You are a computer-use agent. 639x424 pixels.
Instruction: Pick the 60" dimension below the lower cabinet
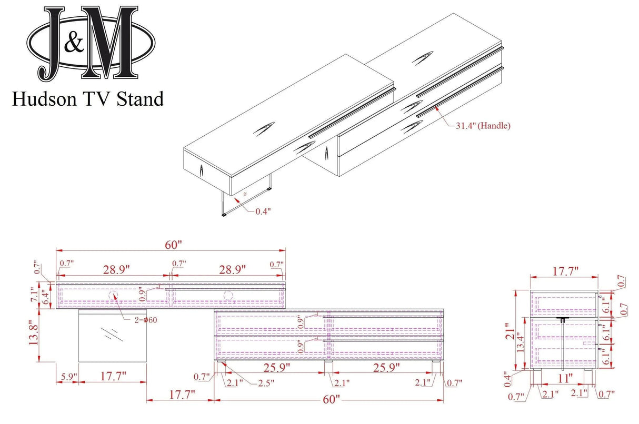[330, 400]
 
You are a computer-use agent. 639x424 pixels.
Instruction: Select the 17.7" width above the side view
[563, 271]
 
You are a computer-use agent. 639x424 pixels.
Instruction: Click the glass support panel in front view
[111, 335]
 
